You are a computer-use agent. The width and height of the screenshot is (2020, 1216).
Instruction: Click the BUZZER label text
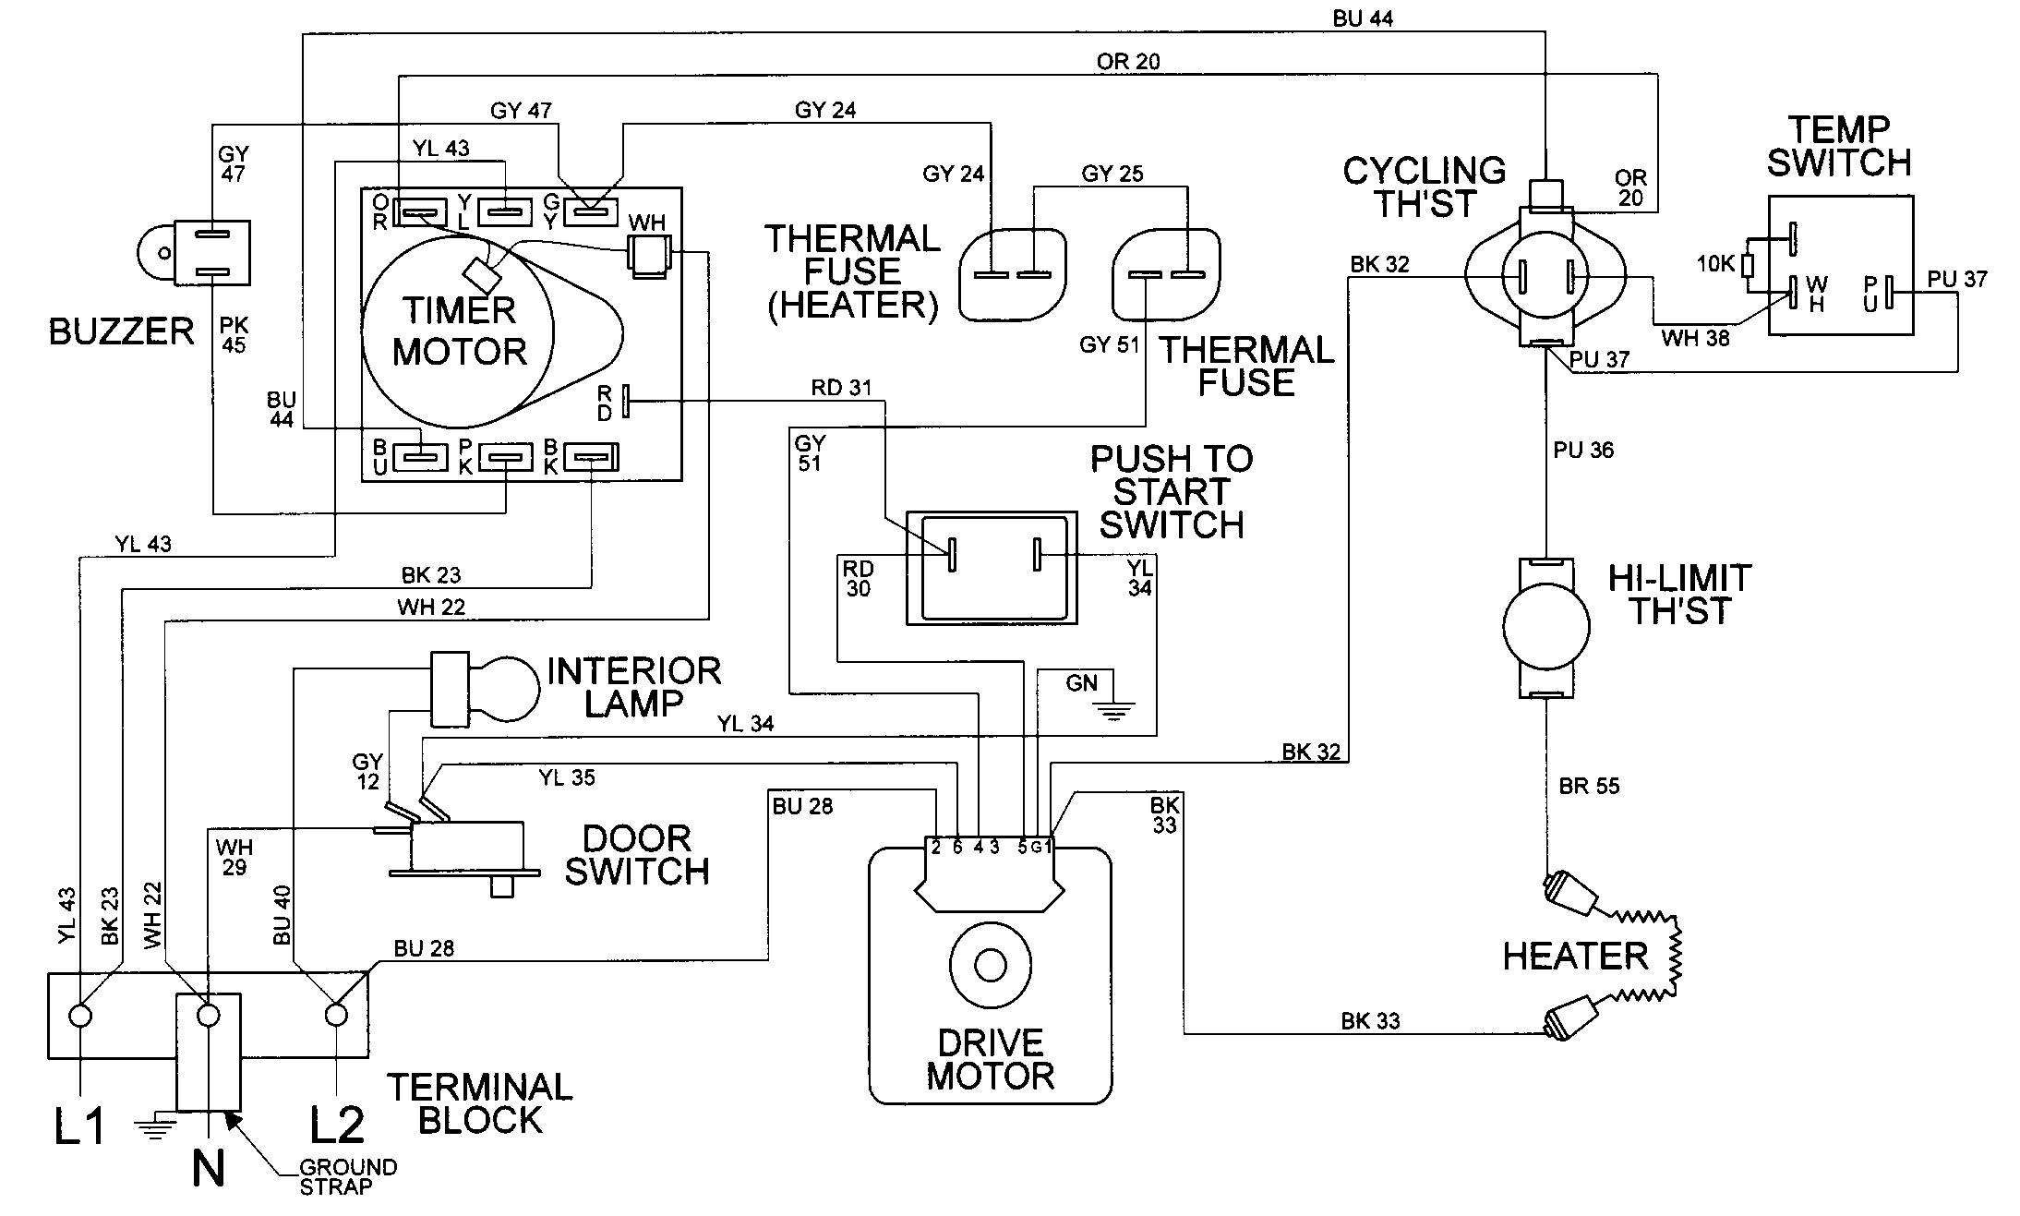tap(121, 331)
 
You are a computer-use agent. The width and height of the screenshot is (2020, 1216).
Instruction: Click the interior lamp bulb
tap(504, 688)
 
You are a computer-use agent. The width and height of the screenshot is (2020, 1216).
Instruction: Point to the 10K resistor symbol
tap(1748, 266)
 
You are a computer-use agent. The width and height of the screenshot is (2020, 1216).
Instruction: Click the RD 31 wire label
tap(841, 388)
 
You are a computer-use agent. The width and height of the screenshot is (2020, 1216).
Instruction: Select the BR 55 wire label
tap(1589, 786)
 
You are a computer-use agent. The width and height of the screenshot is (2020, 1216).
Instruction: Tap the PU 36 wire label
tap(1583, 451)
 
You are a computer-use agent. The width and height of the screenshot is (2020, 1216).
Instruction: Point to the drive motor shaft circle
tap(990, 966)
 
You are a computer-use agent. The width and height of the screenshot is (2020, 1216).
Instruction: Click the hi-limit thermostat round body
tap(1546, 626)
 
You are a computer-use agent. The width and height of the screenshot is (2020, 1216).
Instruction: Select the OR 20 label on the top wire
tap(1128, 61)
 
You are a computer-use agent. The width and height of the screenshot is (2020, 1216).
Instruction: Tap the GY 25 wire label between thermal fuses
tap(1112, 174)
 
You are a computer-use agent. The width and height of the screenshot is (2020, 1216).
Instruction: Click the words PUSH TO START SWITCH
tap(1171, 491)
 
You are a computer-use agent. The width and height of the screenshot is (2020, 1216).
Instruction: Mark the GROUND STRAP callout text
tap(347, 1177)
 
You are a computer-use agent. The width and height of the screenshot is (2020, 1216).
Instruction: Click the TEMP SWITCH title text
tap(1838, 146)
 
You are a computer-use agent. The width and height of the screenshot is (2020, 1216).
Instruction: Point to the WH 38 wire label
tap(1695, 339)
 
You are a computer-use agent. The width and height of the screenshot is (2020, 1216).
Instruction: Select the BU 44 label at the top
tap(1363, 18)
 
